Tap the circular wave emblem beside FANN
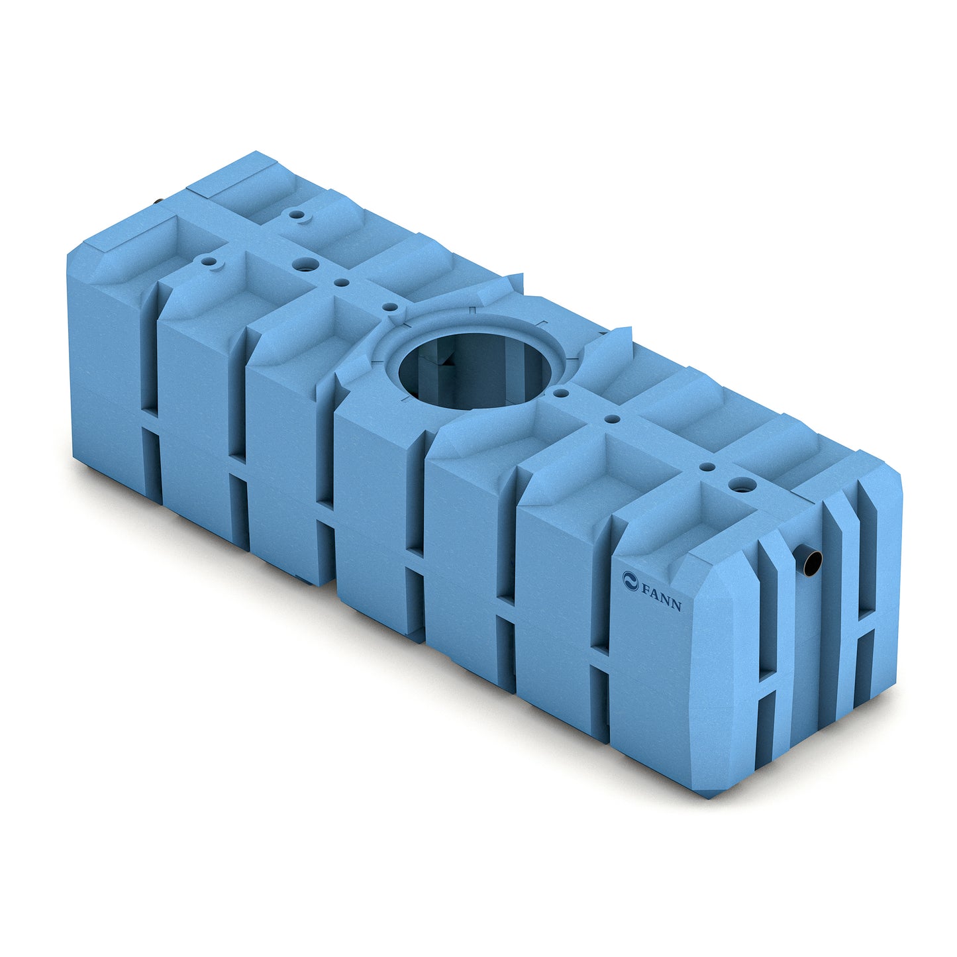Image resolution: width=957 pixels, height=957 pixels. point(630,580)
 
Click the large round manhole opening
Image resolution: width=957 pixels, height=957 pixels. point(475,370)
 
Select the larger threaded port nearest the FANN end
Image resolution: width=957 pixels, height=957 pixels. point(742,484)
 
